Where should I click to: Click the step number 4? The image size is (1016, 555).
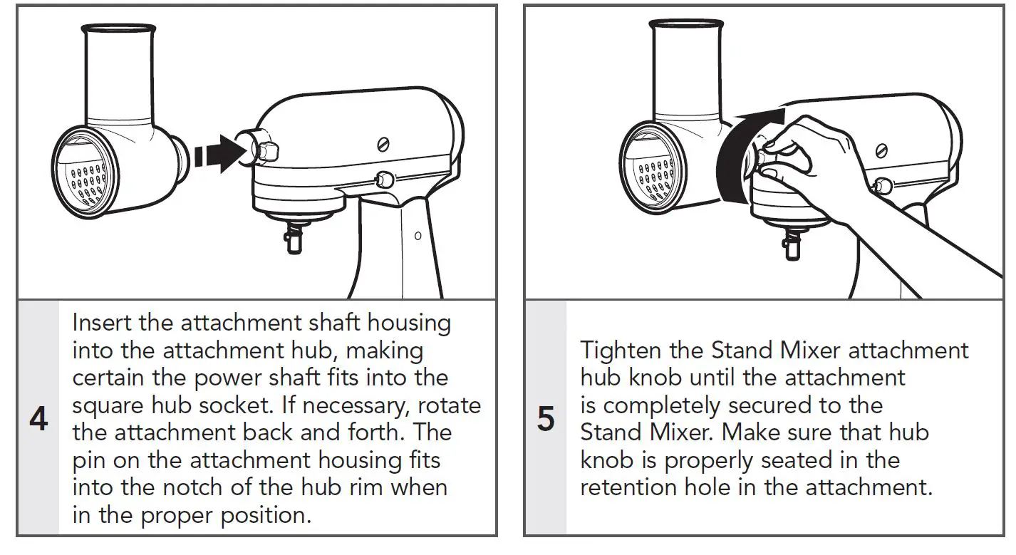tap(38, 420)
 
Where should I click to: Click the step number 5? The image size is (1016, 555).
tap(545, 420)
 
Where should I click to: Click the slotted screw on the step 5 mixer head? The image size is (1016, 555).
tap(882, 150)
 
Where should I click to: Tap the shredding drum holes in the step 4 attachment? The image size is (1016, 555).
tap(87, 182)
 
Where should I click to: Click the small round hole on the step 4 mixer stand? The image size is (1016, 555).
tap(418, 235)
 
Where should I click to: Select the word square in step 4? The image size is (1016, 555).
tap(104, 405)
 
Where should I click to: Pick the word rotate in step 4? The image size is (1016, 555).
tap(449, 405)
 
